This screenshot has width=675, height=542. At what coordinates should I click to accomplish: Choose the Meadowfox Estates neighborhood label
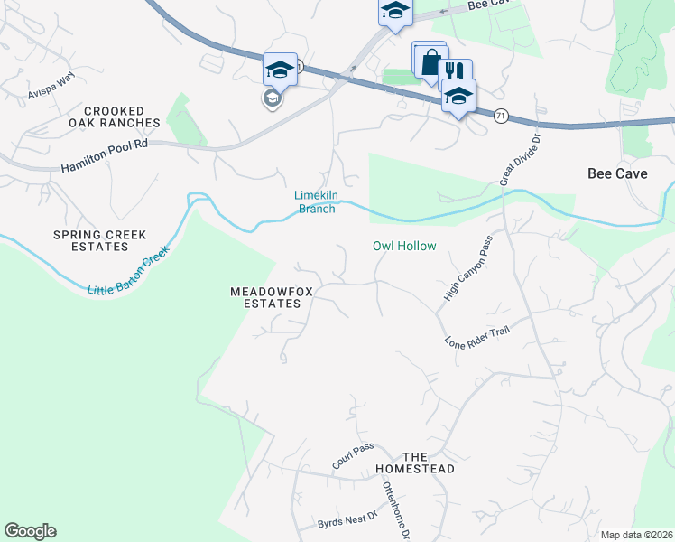coord(264,298)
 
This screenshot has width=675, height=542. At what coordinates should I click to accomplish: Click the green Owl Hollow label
coord(404,246)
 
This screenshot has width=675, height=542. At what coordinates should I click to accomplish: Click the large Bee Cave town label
coord(617,173)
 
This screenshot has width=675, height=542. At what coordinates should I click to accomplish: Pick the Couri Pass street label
coord(352,455)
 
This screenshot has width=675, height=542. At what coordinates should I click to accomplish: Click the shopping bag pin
coord(430,61)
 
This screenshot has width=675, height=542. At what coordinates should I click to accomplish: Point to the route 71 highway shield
coord(501,115)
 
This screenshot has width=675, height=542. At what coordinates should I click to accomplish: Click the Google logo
coord(30,531)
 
